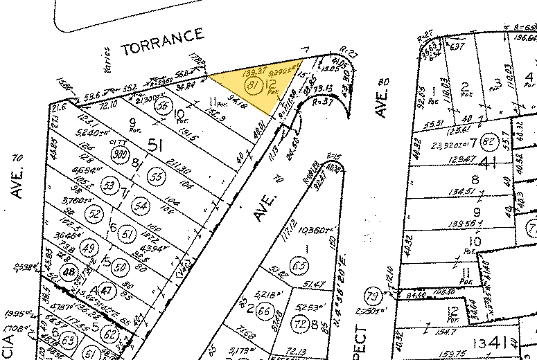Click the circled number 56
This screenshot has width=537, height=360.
tap(164, 107)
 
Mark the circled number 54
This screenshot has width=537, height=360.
tap(141, 206)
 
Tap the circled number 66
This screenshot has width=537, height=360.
tap(263, 311)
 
